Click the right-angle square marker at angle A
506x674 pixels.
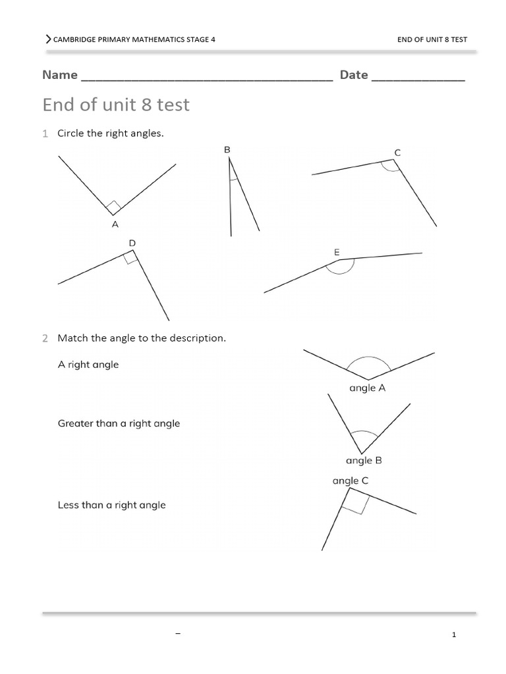(x=113, y=207)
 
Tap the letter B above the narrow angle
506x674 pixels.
(x=227, y=150)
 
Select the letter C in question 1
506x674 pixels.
(x=397, y=152)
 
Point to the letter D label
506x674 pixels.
(x=132, y=244)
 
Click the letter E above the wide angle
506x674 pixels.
(x=337, y=252)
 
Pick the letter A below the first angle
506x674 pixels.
(x=115, y=224)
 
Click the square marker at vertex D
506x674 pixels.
(x=130, y=258)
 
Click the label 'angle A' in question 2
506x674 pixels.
(x=367, y=388)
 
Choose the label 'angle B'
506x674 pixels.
(x=364, y=461)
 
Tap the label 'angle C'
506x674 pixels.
(x=351, y=481)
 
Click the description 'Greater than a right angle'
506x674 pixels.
(x=119, y=424)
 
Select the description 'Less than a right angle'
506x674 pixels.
(x=111, y=505)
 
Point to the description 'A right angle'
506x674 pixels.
(x=88, y=365)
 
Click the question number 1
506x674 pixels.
(x=45, y=134)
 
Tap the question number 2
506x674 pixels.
(x=45, y=338)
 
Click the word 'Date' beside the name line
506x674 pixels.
(x=354, y=75)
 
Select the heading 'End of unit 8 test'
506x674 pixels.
(x=116, y=105)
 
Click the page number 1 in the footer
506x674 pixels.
(x=454, y=635)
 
